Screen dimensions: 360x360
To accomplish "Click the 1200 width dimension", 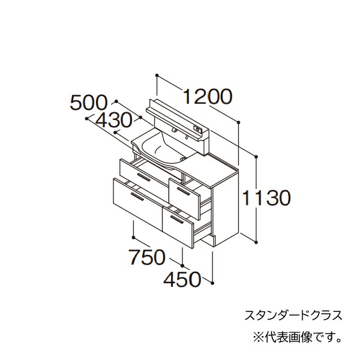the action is pyautogui.click(x=208, y=97).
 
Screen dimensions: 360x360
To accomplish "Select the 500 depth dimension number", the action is pyautogui.click(x=89, y=103).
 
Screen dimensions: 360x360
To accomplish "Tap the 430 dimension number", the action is pyautogui.click(x=114, y=121).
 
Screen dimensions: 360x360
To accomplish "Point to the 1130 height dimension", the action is pyautogui.click(x=266, y=198).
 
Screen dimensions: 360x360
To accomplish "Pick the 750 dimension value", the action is pyautogui.click(x=147, y=257).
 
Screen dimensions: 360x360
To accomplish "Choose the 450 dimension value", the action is pyautogui.click(x=182, y=280).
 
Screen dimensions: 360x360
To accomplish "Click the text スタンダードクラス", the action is pyautogui.click(x=293, y=315).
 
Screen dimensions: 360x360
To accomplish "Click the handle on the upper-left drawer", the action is pyautogui.click(x=144, y=177).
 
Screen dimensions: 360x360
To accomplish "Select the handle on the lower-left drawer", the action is pyautogui.click(x=137, y=197).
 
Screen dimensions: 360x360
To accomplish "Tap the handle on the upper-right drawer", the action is pyautogui.click(x=184, y=191).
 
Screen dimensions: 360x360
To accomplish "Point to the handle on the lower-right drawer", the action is pyautogui.click(x=177, y=220).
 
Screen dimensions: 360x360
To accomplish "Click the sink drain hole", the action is pyautogui.click(x=183, y=158).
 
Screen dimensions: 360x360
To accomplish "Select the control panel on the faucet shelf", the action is pyautogui.click(x=198, y=129).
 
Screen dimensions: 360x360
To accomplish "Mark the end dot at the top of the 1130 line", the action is pyautogui.click(x=256, y=157).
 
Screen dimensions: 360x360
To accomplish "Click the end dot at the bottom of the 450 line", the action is pyautogui.click(x=212, y=283).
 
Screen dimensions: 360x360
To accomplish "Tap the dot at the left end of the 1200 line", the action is pyautogui.click(x=157, y=76).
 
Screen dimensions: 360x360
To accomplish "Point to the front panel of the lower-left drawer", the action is pyautogui.click(x=137, y=205).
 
